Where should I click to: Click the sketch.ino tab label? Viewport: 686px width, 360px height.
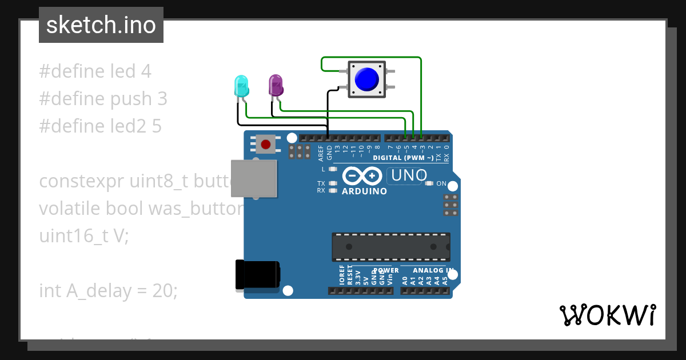coord(101,25)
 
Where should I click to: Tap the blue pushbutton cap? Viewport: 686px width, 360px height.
coord(366,79)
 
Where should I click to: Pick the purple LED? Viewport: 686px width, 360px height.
coord(276,85)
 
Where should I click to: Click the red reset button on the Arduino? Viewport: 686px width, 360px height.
coord(265,143)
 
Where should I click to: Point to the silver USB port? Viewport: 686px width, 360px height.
coord(253,178)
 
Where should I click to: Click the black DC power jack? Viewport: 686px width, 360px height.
coord(257,275)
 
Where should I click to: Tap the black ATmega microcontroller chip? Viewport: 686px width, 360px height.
coord(391,247)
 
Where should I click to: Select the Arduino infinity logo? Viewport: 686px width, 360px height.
coord(363,175)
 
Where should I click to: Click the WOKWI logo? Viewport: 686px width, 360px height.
coord(607,315)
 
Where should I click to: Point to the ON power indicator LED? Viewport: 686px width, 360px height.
coord(430,183)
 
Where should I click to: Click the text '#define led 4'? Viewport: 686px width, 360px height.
coord(95,71)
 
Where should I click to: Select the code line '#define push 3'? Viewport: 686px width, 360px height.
coord(103,99)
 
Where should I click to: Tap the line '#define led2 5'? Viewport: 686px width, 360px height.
coord(100,126)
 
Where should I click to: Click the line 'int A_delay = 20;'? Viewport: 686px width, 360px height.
coord(109,291)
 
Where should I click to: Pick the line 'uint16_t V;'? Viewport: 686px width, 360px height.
coord(84,236)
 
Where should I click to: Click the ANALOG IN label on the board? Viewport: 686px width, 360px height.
coord(433,270)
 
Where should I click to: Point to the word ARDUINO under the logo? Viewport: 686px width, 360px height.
coord(364,191)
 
